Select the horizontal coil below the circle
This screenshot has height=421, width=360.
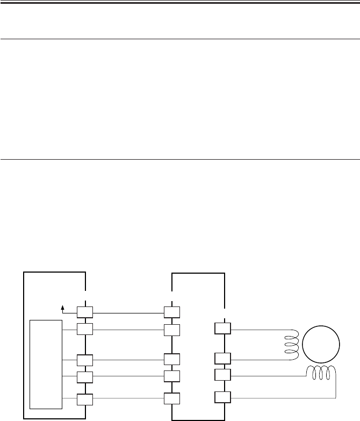pos(322,371)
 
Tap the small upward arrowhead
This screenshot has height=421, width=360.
pos(63,308)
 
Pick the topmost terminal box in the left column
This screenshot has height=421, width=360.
pos(85,312)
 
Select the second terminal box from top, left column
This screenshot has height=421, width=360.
pos(85,329)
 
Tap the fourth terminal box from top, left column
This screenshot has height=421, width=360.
pos(85,375)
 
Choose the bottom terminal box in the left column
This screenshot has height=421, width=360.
pos(85,399)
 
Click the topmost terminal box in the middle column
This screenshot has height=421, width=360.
pos(172,312)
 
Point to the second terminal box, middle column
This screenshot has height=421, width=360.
pos(172,329)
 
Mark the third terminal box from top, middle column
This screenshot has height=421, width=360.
pos(172,360)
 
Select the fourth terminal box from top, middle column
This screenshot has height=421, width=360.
pos(172,375)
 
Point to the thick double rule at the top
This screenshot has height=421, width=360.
pos(180,3)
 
